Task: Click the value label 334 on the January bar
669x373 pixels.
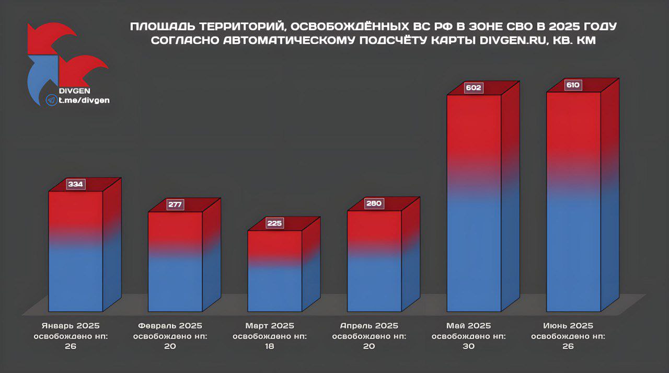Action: click(76, 184)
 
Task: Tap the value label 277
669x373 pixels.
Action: click(175, 205)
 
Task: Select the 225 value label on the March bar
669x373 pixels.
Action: click(274, 223)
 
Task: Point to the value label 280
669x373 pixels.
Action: click(374, 204)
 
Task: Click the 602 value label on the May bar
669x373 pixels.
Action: click(474, 88)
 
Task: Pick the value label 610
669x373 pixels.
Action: click(573, 85)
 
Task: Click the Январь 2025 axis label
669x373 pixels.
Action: click(71, 325)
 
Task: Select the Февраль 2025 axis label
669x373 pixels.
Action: click(170, 325)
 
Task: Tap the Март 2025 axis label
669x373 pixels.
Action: click(270, 325)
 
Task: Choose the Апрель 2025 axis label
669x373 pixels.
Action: click(369, 325)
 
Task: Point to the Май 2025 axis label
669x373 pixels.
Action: click(469, 325)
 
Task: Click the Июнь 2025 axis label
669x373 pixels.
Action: click(568, 325)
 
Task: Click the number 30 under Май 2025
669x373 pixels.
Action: click(469, 346)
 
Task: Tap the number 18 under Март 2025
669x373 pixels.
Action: click(270, 346)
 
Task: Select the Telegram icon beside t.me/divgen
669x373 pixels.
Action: click(51, 100)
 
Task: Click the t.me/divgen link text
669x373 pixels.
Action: click(84, 100)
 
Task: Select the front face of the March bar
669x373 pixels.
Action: click(275, 271)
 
